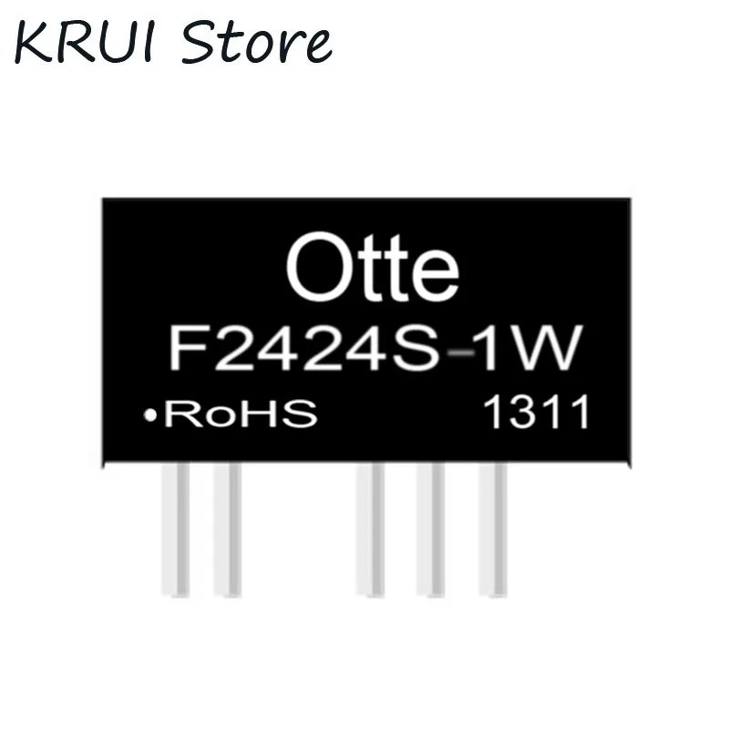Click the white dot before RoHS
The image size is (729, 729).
pyautogui.click(x=147, y=416)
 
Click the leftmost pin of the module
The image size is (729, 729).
pyautogui.click(x=176, y=529)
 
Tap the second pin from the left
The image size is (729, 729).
pyautogui.click(x=227, y=529)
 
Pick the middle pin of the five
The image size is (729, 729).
pyautogui.click(x=370, y=529)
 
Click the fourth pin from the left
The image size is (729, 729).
pyautogui.click(x=430, y=529)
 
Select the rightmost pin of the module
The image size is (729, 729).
pyautogui.click(x=492, y=529)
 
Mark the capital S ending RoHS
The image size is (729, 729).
pyautogui.click(x=301, y=416)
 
